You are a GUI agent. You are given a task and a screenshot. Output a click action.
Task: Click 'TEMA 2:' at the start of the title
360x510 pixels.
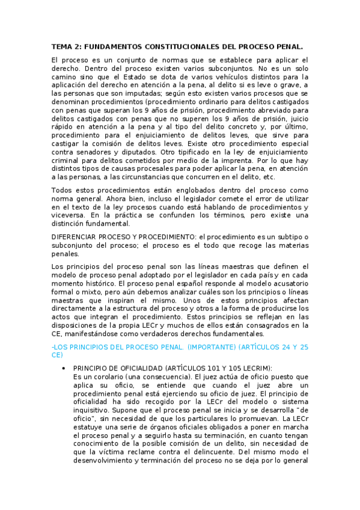coord(66,47)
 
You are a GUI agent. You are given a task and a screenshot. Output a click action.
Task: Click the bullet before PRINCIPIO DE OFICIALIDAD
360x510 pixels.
coord(64,368)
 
